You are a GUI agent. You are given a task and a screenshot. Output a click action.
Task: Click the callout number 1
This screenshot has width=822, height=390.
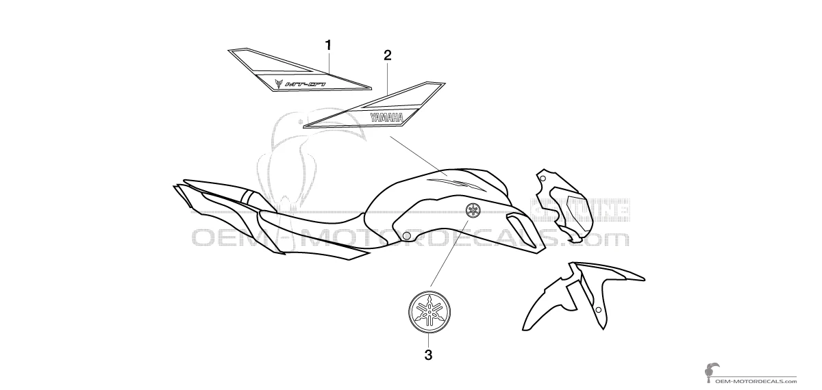(x=328, y=45)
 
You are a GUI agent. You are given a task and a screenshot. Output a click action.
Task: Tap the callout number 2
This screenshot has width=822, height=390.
(x=387, y=55)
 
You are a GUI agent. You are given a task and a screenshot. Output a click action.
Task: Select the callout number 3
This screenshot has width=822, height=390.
(x=428, y=354)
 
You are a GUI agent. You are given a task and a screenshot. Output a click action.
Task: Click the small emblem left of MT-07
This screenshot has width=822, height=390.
(x=279, y=84)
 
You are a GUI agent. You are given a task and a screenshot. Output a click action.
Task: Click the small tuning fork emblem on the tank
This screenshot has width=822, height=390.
(x=473, y=209)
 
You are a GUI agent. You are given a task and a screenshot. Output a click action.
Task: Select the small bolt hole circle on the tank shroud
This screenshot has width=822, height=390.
(x=407, y=236)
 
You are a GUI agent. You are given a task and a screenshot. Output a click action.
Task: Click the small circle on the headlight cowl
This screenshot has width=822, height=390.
(x=543, y=179)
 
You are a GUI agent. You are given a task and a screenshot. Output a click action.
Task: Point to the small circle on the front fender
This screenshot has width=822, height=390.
(x=599, y=311)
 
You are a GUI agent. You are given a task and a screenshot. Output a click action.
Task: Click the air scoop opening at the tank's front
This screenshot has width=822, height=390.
(x=519, y=222)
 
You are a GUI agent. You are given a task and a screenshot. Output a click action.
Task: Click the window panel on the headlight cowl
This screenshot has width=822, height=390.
(x=571, y=205)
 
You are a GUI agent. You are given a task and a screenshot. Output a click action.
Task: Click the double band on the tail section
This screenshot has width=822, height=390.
(x=250, y=198)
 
